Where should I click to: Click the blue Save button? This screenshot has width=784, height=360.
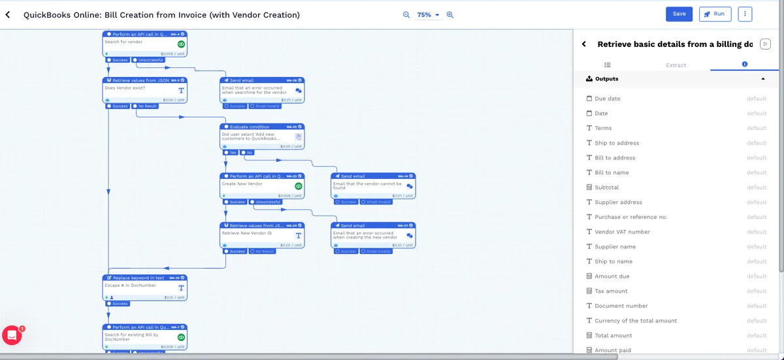coord(679,14)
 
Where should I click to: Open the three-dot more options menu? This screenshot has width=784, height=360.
coord(745,14)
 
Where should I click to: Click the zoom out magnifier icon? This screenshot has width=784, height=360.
coord(406,14)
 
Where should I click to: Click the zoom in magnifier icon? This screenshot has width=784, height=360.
coord(450,14)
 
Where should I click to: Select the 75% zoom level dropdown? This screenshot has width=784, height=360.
coord(428,14)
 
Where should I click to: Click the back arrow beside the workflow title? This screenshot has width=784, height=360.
coord(8,14)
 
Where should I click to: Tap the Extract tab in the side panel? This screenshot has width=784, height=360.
coord(676,65)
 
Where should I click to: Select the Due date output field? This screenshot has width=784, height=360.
coord(608,99)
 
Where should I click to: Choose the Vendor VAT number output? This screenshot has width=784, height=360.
coord(622,232)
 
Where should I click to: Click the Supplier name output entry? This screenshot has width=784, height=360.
coord(615,247)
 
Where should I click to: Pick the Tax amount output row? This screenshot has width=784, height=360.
coord(611,291)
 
